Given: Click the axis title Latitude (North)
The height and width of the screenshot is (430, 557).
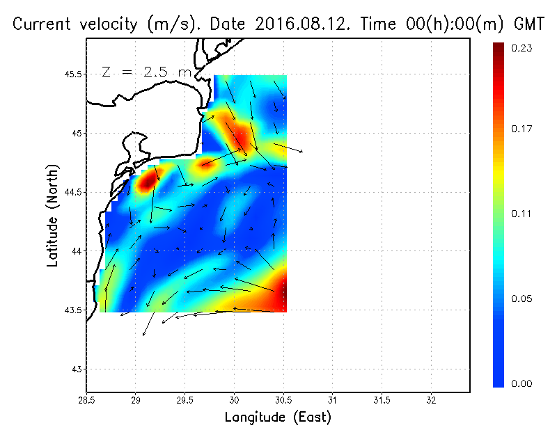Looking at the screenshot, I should [x=52, y=215].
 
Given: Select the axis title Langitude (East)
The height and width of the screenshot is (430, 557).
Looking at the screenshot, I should [x=278, y=417].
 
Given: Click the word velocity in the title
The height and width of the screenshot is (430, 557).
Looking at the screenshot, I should [x=105, y=25].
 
